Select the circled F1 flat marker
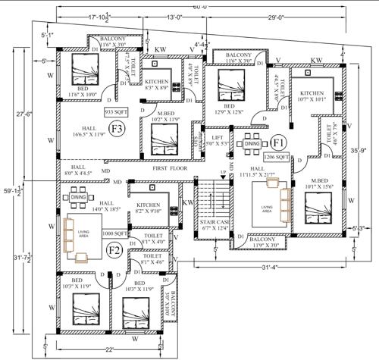click(277, 142)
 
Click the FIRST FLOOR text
click(169, 169)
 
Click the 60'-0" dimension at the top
click(199, 6)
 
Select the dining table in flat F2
click(77, 198)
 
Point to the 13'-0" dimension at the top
click(175, 16)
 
